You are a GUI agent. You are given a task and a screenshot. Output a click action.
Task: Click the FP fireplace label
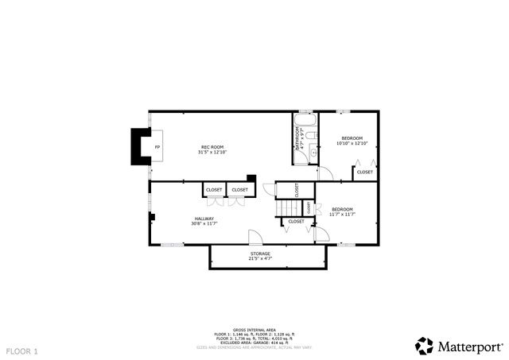coord(157,148)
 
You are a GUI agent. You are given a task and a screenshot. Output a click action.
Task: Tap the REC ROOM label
coord(212,147)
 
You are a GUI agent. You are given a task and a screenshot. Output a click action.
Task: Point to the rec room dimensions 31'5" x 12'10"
coord(212,152)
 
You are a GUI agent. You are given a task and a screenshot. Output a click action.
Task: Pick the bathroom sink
coord(313,153)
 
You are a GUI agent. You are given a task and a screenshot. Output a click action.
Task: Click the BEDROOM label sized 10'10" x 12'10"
coord(351,138)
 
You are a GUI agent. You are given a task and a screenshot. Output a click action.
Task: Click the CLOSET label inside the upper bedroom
coord(364,172)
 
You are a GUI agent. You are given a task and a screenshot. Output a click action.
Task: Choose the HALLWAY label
coord(204,219)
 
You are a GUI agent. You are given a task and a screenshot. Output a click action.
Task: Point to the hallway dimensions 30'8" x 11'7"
coord(204,224)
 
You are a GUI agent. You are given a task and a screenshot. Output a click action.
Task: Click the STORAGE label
coord(260,254)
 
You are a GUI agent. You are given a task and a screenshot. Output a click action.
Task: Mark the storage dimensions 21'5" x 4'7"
coord(260,258)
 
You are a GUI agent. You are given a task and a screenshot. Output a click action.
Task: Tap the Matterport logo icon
coord(425,346)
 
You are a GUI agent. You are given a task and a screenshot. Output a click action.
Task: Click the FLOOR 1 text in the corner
coord(21,350)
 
